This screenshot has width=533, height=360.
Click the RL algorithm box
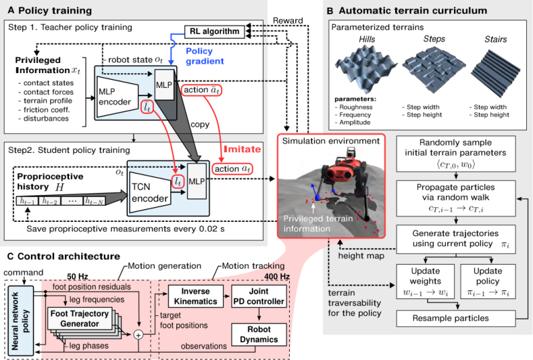[215, 32]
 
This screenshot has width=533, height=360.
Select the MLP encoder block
[118, 97]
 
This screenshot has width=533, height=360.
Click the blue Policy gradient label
[205, 56]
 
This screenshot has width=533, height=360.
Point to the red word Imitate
[242, 149]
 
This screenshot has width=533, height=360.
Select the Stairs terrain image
[496, 69]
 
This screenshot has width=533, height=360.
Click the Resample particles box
[456, 319]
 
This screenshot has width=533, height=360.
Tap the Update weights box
[425, 282]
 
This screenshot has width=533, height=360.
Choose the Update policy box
[488, 282]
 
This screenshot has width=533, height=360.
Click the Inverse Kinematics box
[195, 296]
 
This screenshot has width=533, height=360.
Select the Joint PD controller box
[259, 296]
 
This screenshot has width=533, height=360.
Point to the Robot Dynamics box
[259, 334]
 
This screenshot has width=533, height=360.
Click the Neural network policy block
[20, 321]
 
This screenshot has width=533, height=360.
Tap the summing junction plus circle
[138, 335]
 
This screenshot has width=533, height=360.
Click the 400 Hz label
[277, 276]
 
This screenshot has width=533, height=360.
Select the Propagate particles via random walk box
[456, 198]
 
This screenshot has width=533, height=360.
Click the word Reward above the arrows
[288, 20]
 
